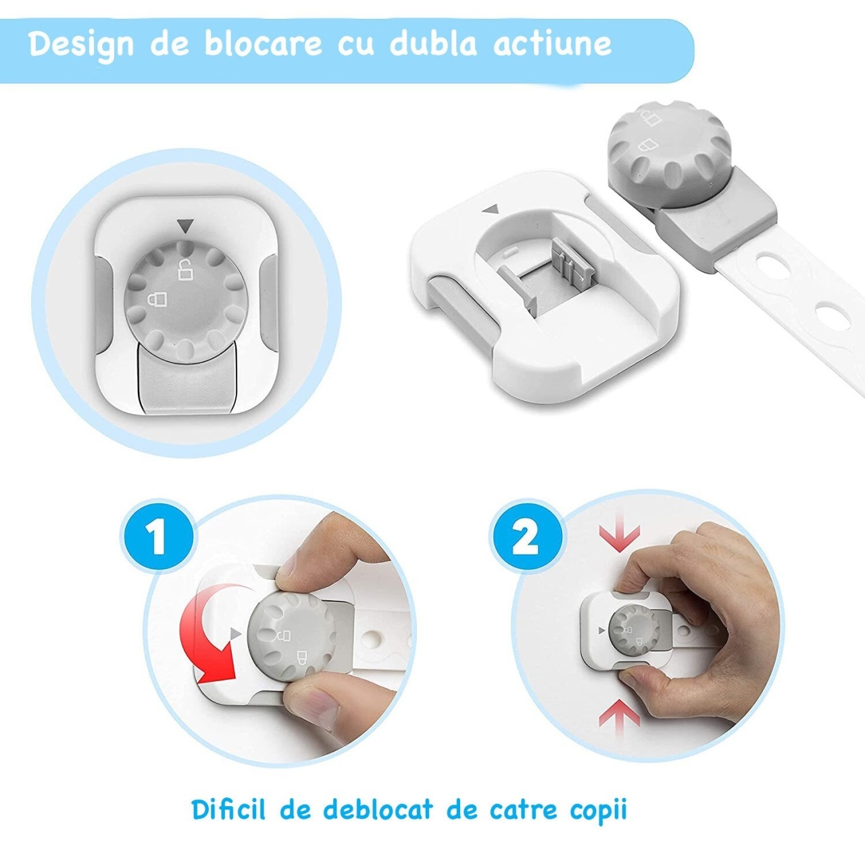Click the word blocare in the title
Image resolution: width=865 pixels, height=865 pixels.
tap(263, 43)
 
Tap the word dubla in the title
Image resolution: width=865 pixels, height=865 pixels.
tap(432, 43)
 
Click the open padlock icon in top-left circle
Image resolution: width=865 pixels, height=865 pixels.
tap(184, 270)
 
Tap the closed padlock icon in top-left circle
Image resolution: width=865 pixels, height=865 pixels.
tap(157, 299)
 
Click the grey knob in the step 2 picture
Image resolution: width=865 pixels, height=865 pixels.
tap(634, 631)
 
